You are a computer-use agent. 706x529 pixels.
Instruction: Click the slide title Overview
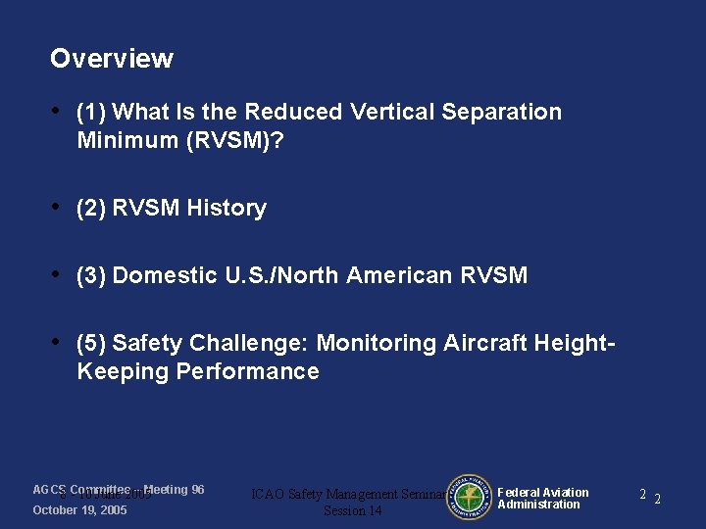click(x=111, y=59)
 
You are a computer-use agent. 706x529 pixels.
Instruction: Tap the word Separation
click(x=502, y=113)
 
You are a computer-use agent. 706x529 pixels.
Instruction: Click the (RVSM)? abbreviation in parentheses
click(x=230, y=140)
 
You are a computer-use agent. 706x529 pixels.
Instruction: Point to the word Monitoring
click(x=376, y=343)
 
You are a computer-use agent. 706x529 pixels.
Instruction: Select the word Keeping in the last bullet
click(x=123, y=371)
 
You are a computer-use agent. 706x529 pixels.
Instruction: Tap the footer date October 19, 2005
click(x=79, y=510)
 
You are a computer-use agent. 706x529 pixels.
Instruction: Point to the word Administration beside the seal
click(x=538, y=505)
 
